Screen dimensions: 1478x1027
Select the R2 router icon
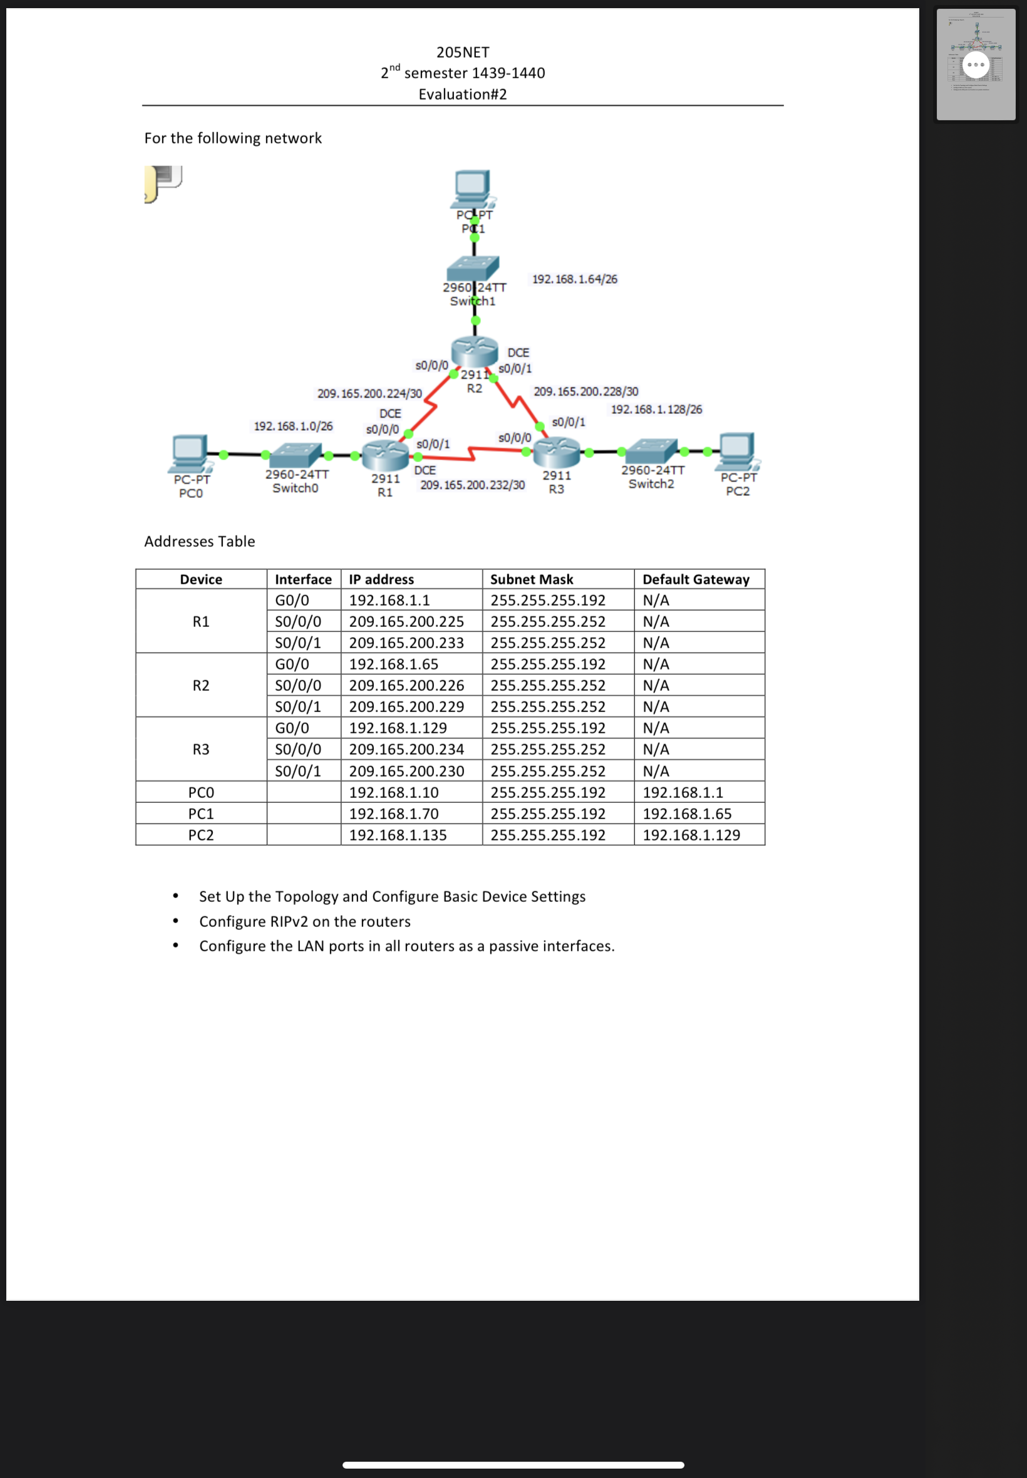[x=474, y=351]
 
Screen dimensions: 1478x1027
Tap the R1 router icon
[x=384, y=455]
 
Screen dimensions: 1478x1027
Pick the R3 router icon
[x=557, y=452]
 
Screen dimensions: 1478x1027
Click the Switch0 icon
[x=296, y=455]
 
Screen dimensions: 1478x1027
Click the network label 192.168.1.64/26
[x=574, y=279]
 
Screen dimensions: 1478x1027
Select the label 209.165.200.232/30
[x=472, y=485]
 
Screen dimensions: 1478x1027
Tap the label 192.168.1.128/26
[x=656, y=409]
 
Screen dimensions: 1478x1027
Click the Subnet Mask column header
[x=532, y=579]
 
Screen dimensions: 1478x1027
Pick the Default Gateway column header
[x=696, y=579]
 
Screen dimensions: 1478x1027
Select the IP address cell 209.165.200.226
[x=406, y=685]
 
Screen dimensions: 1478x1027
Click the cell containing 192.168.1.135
[x=398, y=835]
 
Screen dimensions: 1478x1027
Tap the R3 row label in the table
[x=201, y=749]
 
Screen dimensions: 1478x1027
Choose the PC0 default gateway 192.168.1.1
[x=682, y=792]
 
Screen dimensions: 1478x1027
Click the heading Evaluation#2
[x=462, y=95]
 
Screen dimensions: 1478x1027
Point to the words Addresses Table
[x=200, y=541]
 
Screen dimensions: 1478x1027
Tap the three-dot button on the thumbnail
[x=976, y=65]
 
